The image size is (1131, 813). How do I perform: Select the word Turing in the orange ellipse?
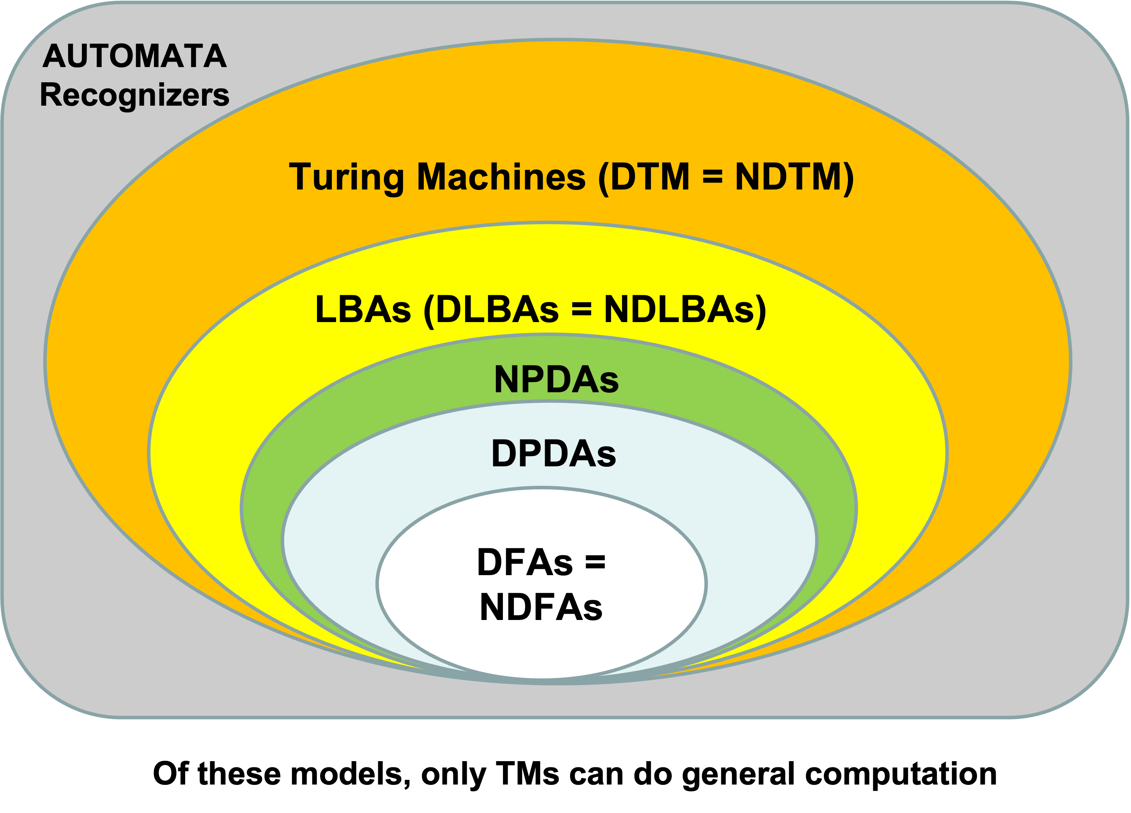[347, 178]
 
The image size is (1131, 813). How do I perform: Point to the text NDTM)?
[795, 178]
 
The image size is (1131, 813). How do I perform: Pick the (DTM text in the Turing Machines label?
[644, 178]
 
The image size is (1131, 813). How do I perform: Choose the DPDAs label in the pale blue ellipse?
[554, 454]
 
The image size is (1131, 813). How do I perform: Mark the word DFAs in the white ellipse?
[525, 563]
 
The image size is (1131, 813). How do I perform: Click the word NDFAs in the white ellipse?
[541, 608]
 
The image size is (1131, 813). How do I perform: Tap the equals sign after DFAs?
[595, 563]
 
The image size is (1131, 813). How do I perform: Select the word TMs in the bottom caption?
[527, 774]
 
